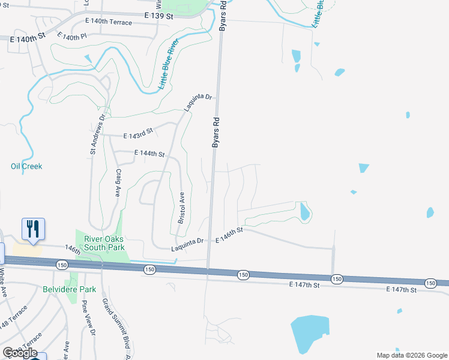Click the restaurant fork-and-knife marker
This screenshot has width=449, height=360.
(x=34, y=229)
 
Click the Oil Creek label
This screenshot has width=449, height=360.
(x=26, y=166)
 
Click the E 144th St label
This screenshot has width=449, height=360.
(x=149, y=154)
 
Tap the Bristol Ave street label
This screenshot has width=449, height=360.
(x=181, y=208)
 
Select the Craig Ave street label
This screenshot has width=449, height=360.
(x=118, y=183)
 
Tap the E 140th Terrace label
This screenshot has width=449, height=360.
(x=112, y=23)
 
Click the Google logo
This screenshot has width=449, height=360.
(x=20, y=352)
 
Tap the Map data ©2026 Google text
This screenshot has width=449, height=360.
(x=411, y=355)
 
